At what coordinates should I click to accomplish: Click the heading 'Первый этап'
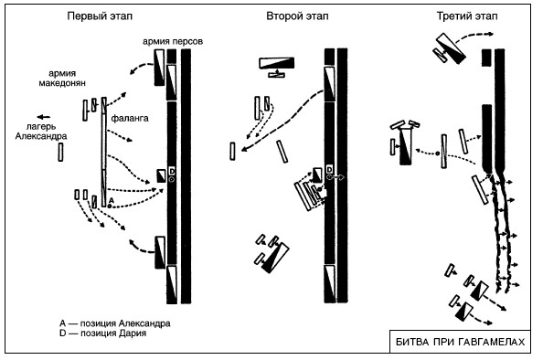(x=100, y=16)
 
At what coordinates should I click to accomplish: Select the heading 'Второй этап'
(x=297, y=16)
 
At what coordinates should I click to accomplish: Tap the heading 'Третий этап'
(x=467, y=16)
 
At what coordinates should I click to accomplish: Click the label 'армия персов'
(x=173, y=41)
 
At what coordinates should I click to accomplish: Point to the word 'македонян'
(x=62, y=83)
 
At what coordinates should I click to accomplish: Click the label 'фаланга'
(x=130, y=119)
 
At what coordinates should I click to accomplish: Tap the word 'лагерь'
(x=41, y=127)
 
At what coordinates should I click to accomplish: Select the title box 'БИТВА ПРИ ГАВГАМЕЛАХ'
(x=460, y=342)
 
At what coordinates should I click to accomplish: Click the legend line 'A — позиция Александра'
(x=115, y=323)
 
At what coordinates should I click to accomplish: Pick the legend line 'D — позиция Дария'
(x=103, y=334)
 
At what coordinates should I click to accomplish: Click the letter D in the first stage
(x=172, y=171)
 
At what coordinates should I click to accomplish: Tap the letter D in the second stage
(x=329, y=170)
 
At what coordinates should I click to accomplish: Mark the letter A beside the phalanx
(x=112, y=200)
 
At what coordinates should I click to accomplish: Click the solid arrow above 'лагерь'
(x=44, y=117)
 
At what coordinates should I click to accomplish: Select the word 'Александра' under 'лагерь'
(x=41, y=136)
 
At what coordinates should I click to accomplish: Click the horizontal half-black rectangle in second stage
(x=277, y=63)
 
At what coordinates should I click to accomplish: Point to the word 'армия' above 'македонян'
(x=62, y=73)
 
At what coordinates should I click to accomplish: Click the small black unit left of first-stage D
(x=161, y=175)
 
